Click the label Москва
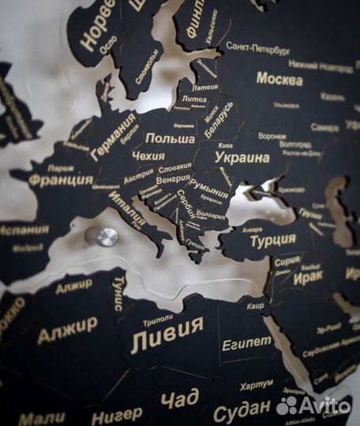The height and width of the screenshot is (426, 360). [279, 80]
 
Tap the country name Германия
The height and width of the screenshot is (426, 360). [112, 136]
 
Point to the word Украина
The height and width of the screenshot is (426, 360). [242, 158]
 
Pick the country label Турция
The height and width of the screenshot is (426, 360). [273, 241]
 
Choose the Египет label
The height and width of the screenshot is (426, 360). [246, 343]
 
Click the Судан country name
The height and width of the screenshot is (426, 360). [241, 410]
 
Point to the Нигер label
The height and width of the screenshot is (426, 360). [117, 415]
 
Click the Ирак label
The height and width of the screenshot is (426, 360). [308, 278]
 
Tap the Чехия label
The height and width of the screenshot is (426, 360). [148, 156]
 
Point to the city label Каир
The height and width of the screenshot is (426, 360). [253, 305]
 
